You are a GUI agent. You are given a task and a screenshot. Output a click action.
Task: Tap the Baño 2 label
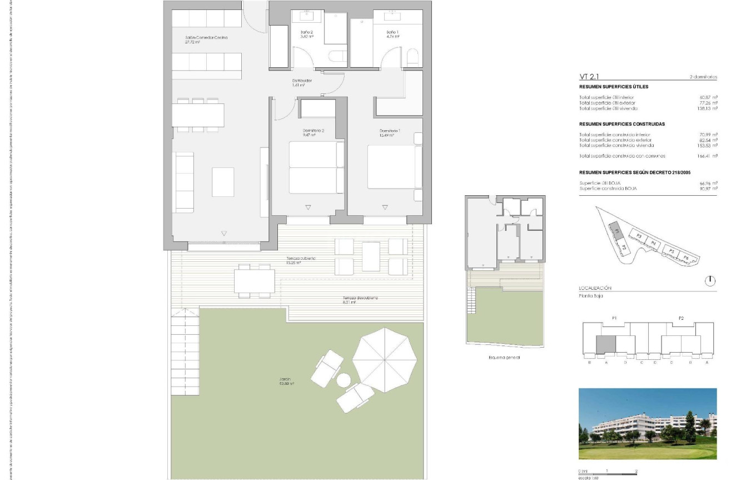pyautogui.click(x=307, y=33)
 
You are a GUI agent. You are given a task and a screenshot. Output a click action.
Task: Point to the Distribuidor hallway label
pyautogui.click(x=302, y=81)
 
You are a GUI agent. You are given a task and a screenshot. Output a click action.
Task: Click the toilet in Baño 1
pyautogui.click(x=412, y=57)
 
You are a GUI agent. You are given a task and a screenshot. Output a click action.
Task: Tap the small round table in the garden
pyautogui.click(x=344, y=380)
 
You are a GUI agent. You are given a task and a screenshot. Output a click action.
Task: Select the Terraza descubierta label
pyautogui.click(x=360, y=298)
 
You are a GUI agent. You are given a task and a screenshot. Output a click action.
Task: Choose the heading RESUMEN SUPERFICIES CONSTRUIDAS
pyautogui.click(x=621, y=124)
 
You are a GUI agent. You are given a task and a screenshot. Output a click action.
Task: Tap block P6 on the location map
pyautogui.click(x=686, y=258)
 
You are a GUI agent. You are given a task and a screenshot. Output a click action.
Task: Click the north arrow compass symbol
pyautogui.click(x=710, y=281)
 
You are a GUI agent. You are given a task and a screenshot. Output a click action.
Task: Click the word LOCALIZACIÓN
pyautogui.click(x=595, y=288)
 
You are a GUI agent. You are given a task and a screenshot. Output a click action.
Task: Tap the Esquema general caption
pyautogui.click(x=503, y=358)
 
